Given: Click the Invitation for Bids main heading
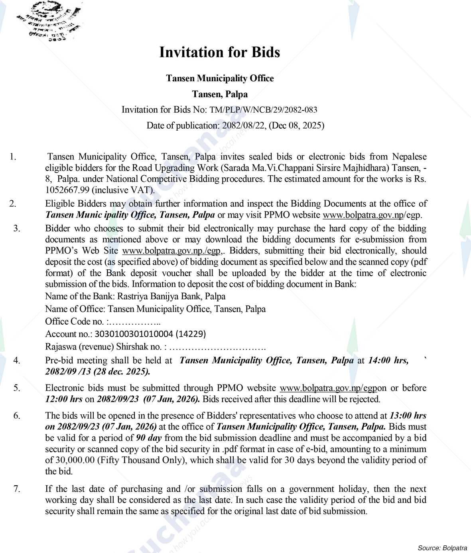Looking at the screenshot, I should pos(219,52).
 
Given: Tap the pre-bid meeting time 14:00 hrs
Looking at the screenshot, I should pos(388,361).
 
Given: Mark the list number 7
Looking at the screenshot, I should pos(16,488).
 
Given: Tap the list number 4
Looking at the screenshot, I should pos(16,361).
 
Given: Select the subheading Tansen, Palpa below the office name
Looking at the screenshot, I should pos(220,94).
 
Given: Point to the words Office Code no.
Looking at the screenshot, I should pos(74,322).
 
